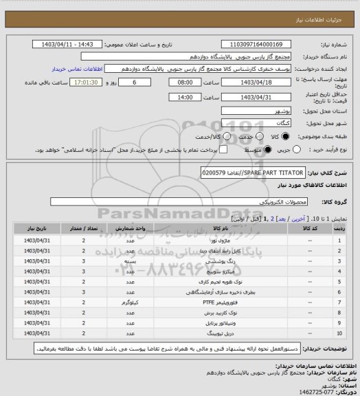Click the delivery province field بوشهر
[x=254, y=110]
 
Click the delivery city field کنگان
[x=254, y=122]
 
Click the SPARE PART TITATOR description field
[x=234, y=170]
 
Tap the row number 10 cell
[x=340, y=332]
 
